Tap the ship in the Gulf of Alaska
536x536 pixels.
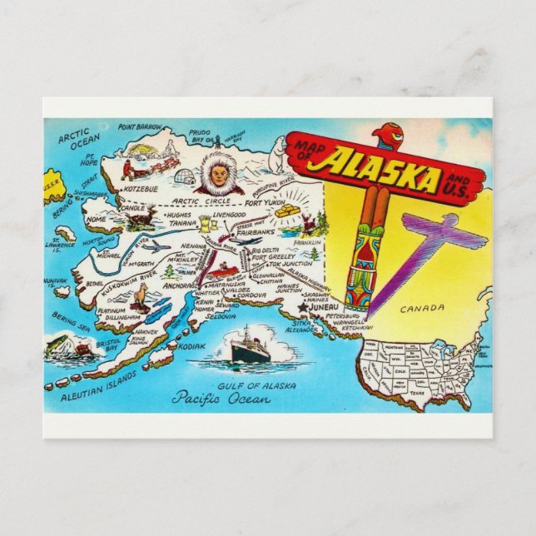pyautogui.click(x=250, y=351)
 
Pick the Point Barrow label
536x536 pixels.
pyautogui.click(x=139, y=127)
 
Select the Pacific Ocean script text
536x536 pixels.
pyautogui.click(x=221, y=397)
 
